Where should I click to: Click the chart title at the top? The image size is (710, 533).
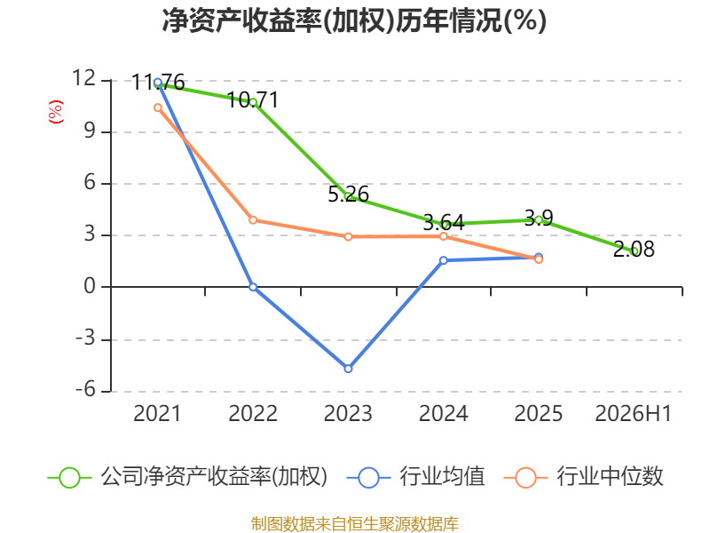pos(354,20)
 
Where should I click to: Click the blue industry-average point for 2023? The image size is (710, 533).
pos(348,369)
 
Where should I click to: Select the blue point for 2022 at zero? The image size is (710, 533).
pos(253,287)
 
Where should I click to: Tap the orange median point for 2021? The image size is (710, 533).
pos(158,107)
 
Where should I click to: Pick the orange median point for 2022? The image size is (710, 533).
pos(253,220)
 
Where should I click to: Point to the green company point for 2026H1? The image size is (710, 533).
pos(634,251)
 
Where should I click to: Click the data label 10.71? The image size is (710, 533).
pos(253,100)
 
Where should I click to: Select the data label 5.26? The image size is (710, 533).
pos(348,194)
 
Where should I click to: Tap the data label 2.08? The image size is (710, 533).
pos(634,250)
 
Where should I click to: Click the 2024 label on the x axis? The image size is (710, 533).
pos(443,413)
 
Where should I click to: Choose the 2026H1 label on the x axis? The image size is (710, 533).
pos(633,413)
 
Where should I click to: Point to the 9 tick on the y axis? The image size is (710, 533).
pos(90,131)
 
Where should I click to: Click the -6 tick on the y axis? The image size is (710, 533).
pos(85,390)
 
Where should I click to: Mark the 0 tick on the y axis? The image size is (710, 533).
pos(90,286)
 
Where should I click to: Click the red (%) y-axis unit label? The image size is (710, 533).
pos(56,112)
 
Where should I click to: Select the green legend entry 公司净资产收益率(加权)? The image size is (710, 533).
pos(187,477)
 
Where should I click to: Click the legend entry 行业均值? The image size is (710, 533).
pos(415,477)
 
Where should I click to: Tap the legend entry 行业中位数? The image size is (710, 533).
pos(583,477)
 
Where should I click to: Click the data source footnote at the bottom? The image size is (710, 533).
pos(355,524)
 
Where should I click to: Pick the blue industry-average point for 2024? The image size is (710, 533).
pos(443,260)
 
